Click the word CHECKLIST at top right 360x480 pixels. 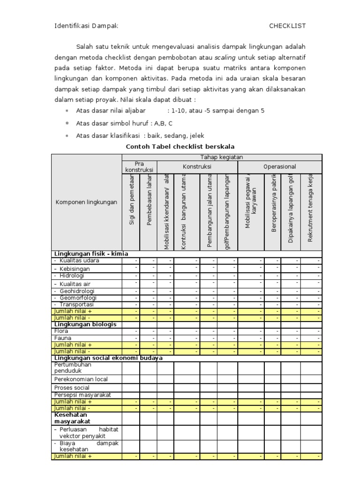pyautogui.click(x=287, y=26)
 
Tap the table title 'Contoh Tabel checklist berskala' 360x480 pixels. pyautogui.click(x=180, y=146)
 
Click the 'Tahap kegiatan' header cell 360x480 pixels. pyautogui.click(x=222, y=157)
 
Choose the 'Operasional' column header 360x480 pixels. pyautogui.click(x=280, y=166)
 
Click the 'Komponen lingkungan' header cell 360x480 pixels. pyautogui.click(x=86, y=202)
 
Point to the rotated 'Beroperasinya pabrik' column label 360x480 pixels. pyautogui.click(x=273, y=204)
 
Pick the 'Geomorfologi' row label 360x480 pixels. pyautogui.click(x=78, y=298)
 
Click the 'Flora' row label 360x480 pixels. pyautogui.click(x=61, y=331)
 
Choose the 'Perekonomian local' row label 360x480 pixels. pyautogui.click(x=81, y=379)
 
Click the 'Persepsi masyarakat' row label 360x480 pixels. pyautogui.click(x=82, y=395)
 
